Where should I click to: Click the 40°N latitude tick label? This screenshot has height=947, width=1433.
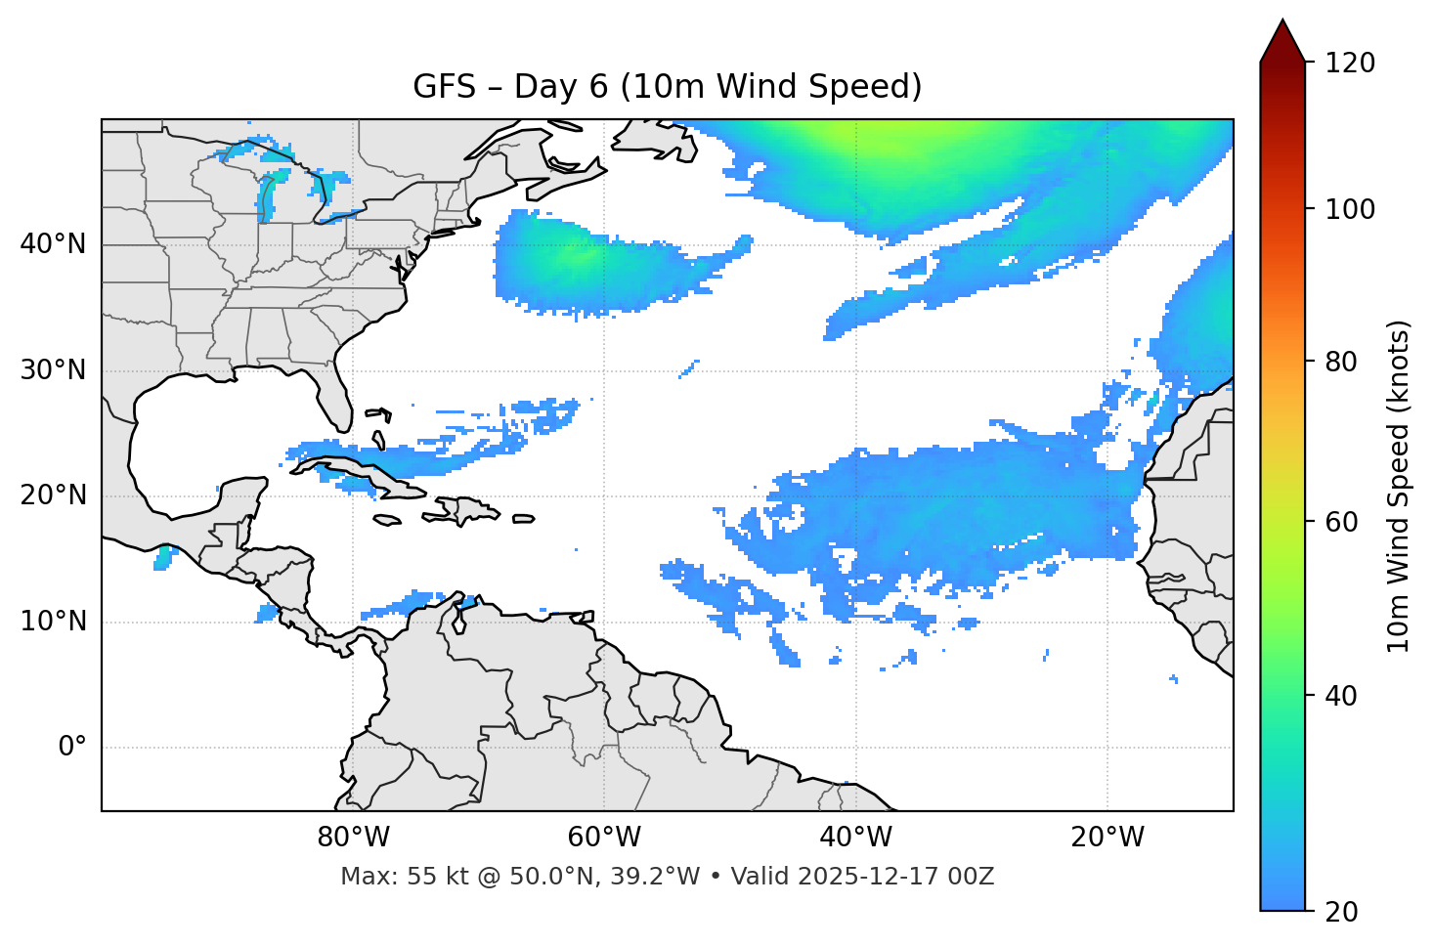53,244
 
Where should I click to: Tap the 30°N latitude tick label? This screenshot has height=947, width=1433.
53,370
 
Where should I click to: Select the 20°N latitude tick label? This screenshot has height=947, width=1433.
53,495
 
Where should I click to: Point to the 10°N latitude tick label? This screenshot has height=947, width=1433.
53,622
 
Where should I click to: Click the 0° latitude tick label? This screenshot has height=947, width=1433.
72,748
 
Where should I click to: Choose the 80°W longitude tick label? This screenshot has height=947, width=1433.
353,838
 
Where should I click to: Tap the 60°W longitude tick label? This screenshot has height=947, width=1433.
604,838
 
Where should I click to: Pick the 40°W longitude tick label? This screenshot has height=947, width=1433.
855,838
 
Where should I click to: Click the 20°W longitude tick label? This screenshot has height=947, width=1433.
1107,838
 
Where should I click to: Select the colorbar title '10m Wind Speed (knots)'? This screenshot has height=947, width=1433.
1398,486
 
